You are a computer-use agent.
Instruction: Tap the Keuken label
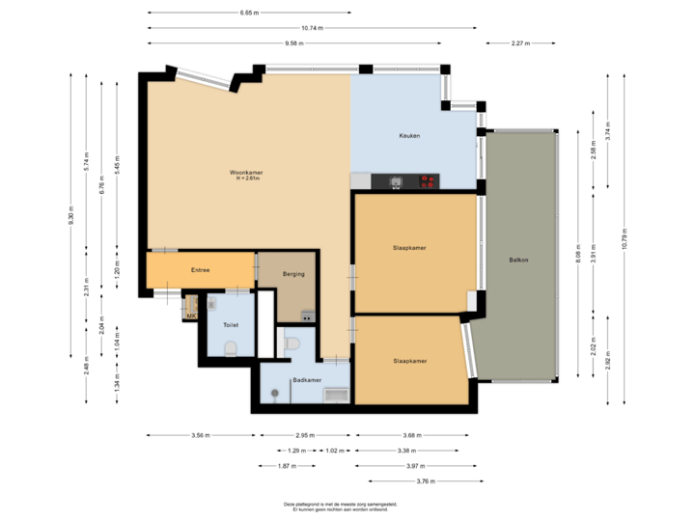pyautogui.click(x=409, y=136)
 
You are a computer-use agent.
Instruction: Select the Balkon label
pyautogui.click(x=519, y=260)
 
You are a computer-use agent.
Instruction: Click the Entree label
pyautogui.click(x=200, y=270)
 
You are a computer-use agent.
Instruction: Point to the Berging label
pyautogui.click(x=293, y=274)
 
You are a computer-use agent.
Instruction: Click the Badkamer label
pyautogui.click(x=306, y=380)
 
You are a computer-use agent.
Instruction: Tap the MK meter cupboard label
pyautogui.click(x=191, y=315)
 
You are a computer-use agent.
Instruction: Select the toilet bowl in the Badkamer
pyautogui.click(x=295, y=343)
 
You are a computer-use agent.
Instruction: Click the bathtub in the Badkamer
pyautogui.click(x=335, y=394)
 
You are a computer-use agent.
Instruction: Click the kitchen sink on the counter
pyautogui.click(x=396, y=180)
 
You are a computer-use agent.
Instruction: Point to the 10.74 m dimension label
pyautogui.click(x=312, y=28)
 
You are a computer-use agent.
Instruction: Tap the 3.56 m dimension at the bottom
pyautogui.click(x=200, y=435)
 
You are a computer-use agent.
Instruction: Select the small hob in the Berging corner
pyautogui.click(x=307, y=315)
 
